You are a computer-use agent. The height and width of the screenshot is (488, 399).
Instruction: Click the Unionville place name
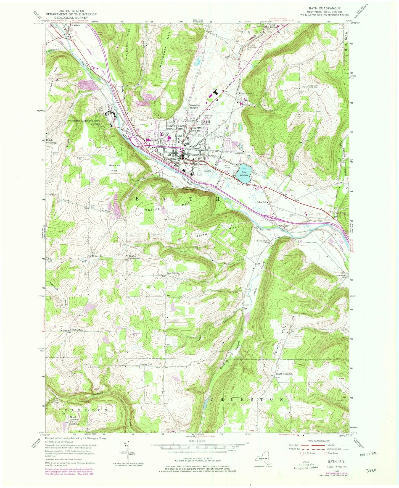pyautogui.click(x=97, y=256)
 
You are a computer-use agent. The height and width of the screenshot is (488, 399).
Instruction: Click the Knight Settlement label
pyautogui.click(x=52, y=141)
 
